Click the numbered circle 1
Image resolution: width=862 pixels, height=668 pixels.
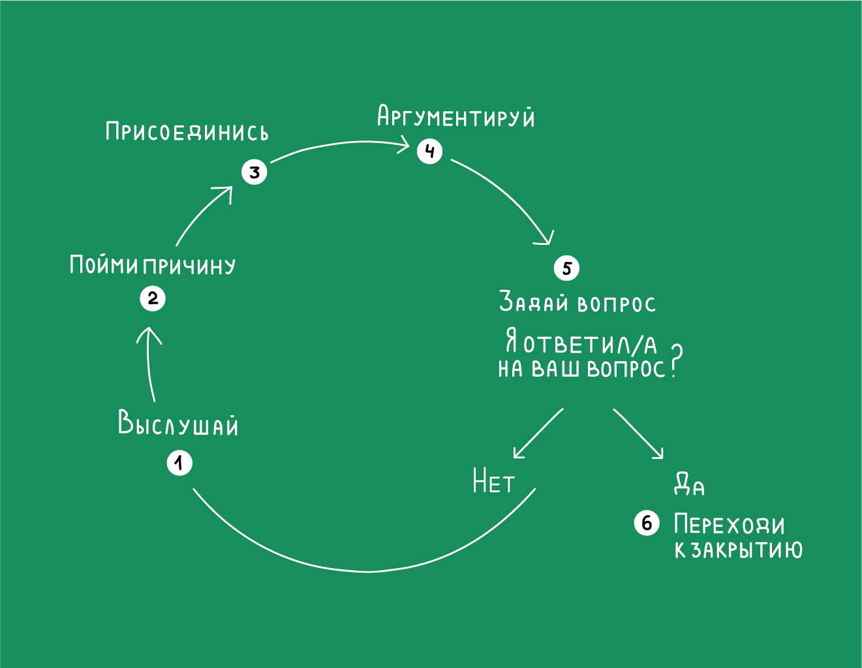coord(179,463)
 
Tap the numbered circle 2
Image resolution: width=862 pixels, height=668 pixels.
coord(153,298)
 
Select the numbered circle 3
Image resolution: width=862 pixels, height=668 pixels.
coord(254,172)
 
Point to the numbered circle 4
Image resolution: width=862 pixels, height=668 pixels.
coord(429,151)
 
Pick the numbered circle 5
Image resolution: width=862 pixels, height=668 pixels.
coord(566,268)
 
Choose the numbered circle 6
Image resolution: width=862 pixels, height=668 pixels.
coord(647,522)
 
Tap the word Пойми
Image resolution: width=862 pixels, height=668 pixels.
coord(104,265)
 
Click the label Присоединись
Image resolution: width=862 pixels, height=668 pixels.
coord(187,132)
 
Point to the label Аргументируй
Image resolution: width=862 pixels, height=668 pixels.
coord(455,117)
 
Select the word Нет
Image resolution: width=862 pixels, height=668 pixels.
coord(493,482)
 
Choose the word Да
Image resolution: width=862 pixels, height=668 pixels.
coord(689,485)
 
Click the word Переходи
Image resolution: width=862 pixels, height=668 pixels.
coord(729,524)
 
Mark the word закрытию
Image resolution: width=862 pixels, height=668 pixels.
coord(747,550)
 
